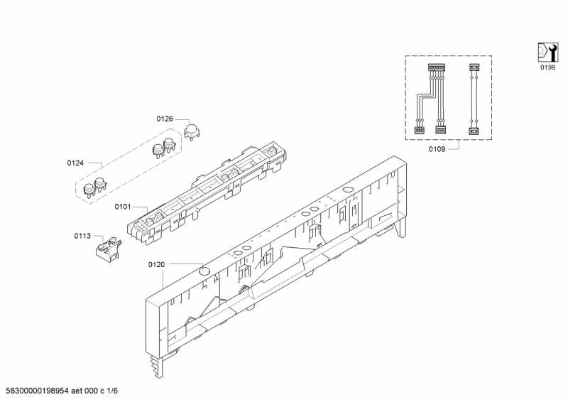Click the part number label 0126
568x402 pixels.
[x=165, y=119]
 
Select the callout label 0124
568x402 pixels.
[x=75, y=163]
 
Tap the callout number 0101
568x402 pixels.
[x=123, y=207]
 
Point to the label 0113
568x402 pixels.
[x=82, y=236]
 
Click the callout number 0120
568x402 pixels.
[x=156, y=265]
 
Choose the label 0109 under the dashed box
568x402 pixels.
[x=437, y=149]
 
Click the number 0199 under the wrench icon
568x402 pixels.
[x=547, y=67]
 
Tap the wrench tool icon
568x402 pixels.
[x=547, y=53]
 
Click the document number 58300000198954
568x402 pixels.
[x=38, y=391]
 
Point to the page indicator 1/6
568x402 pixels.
[x=112, y=391]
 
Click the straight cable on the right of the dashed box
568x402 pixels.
[x=474, y=99]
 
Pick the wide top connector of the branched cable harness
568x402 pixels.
[x=437, y=67]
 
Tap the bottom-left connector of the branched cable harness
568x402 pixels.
[x=419, y=129]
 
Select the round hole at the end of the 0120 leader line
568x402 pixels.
[x=205, y=270]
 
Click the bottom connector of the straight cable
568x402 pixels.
[x=474, y=131]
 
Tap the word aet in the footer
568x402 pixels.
[x=77, y=391]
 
